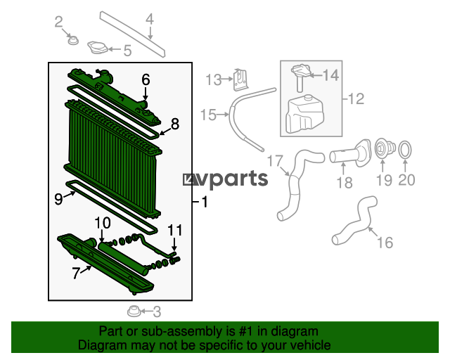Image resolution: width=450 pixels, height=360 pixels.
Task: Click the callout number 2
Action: (x=58, y=22)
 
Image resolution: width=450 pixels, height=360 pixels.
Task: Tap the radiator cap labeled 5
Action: (x=98, y=47)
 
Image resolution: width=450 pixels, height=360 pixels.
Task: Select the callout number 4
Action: (x=150, y=19)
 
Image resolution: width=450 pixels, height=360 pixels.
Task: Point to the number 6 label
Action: (x=146, y=79)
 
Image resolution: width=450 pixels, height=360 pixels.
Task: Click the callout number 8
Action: (x=175, y=124)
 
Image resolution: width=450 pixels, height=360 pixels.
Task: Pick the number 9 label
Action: (x=58, y=199)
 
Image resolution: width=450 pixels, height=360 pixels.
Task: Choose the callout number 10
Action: (x=103, y=223)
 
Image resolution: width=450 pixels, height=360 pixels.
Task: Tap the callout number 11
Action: (x=175, y=230)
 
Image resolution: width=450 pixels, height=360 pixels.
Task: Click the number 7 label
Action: (x=75, y=273)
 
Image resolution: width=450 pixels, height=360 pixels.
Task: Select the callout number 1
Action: (x=205, y=202)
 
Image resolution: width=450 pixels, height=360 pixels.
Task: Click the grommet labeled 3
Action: (x=134, y=311)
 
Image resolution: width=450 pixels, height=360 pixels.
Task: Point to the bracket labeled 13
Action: (x=240, y=80)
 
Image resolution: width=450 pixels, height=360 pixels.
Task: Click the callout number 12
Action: (x=356, y=98)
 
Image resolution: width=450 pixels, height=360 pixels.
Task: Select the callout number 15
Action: (x=208, y=115)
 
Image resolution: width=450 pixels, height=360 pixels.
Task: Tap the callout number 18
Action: (x=345, y=183)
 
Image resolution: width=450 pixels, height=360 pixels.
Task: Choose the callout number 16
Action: (x=385, y=243)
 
